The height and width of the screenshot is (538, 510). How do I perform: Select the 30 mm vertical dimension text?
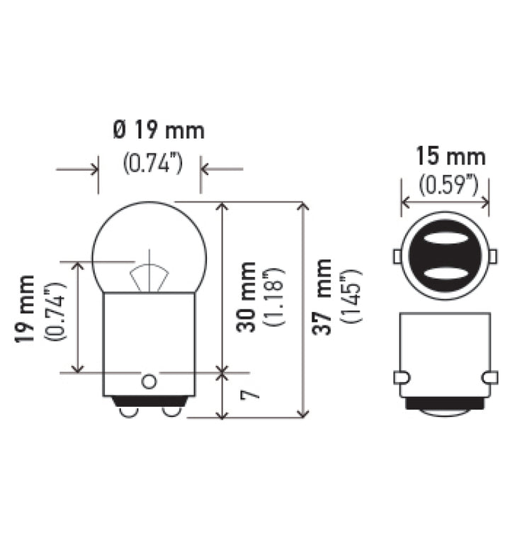(246, 297)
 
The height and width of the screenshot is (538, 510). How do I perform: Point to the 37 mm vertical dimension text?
(323, 297)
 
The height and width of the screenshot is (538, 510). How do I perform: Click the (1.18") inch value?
(273, 297)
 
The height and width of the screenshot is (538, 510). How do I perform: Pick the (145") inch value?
(351, 297)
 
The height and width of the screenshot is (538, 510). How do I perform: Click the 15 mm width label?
(450, 156)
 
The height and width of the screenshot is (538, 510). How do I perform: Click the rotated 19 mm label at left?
(26, 309)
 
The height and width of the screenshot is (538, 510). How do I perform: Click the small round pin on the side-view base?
(148, 381)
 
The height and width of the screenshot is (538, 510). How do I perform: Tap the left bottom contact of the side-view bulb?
(129, 410)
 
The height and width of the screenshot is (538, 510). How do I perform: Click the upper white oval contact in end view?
(445, 240)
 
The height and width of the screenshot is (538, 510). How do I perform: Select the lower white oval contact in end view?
(445, 273)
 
